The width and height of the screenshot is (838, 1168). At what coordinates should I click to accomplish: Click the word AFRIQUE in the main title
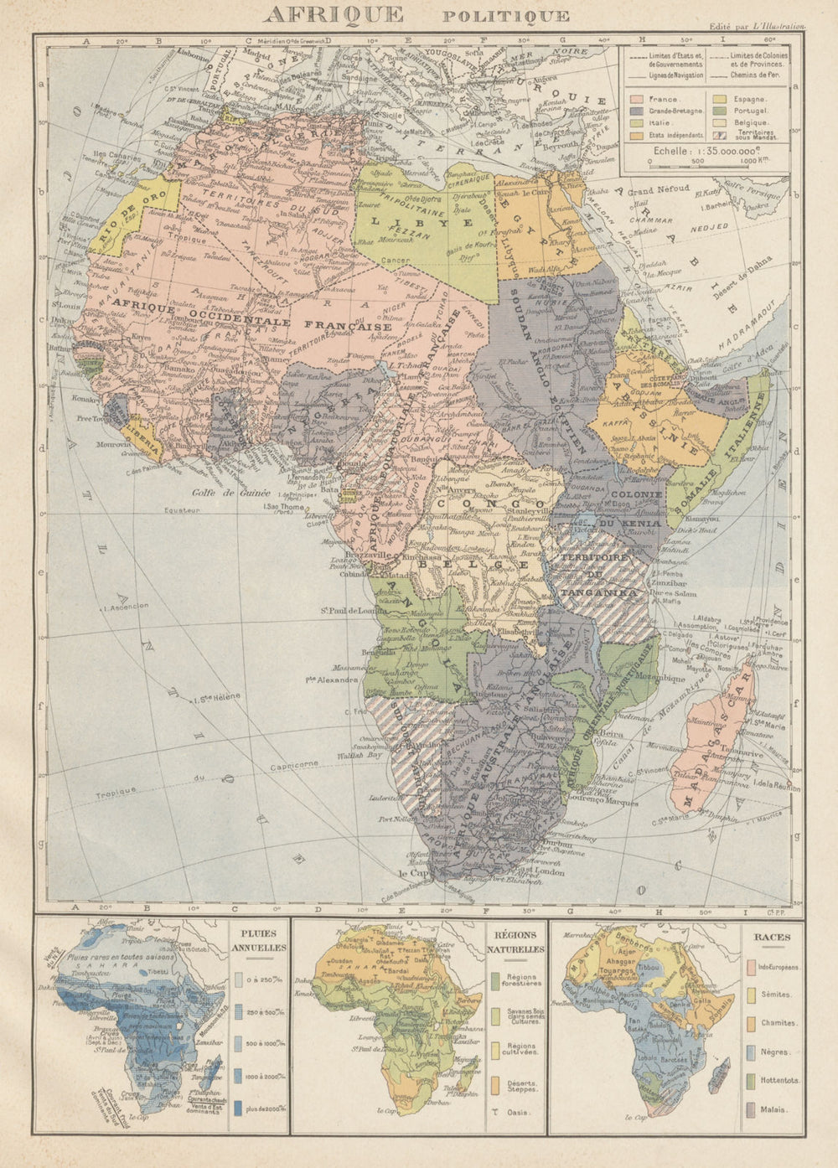click(x=333, y=14)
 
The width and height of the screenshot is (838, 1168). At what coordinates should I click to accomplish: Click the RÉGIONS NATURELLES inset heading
click(x=515, y=943)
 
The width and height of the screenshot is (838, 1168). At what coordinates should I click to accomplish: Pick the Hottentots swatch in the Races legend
click(x=751, y=1080)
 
